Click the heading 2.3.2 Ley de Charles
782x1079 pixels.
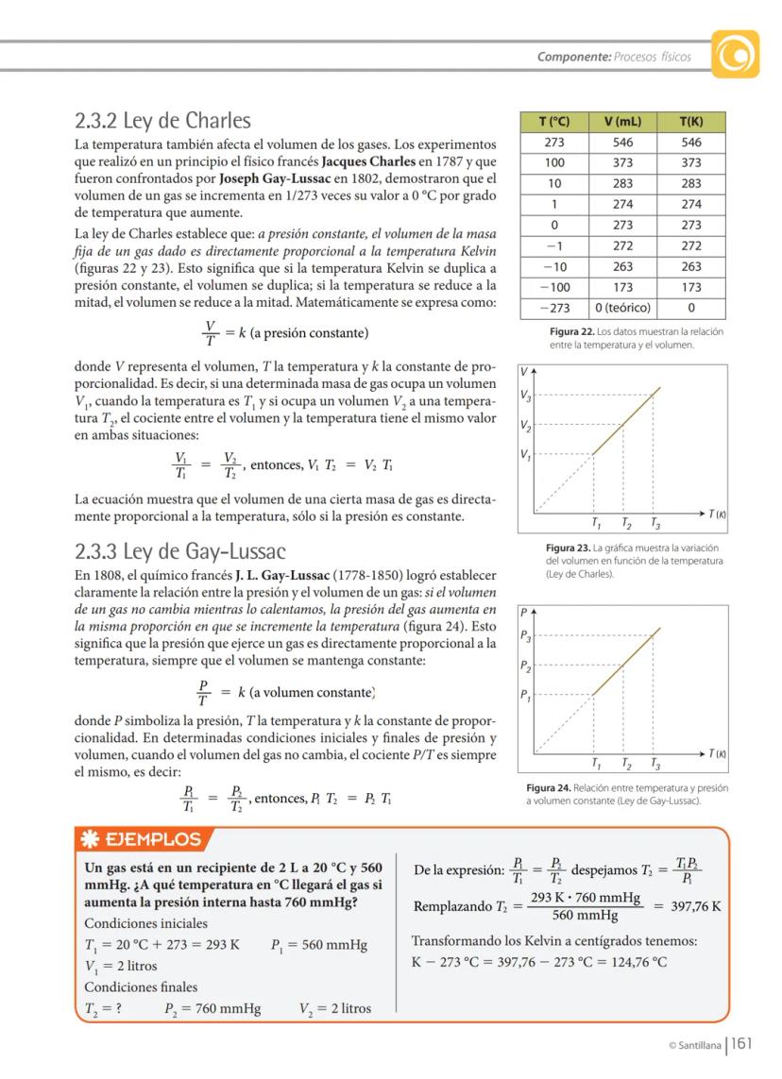(x=162, y=121)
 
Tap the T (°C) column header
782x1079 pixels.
(x=553, y=123)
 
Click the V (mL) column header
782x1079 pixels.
(x=622, y=123)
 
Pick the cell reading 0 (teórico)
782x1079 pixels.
(x=622, y=308)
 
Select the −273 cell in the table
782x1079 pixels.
(x=553, y=308)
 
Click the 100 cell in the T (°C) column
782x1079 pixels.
(x=553, y=163)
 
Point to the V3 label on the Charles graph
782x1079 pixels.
(x=526, y=396)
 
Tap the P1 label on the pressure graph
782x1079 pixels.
(x=526, y=696)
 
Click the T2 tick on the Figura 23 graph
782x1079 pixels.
(x=626, y=523)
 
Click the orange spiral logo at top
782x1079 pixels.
(x=736, y=56)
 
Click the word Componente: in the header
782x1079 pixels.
(x=573, y=57)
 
